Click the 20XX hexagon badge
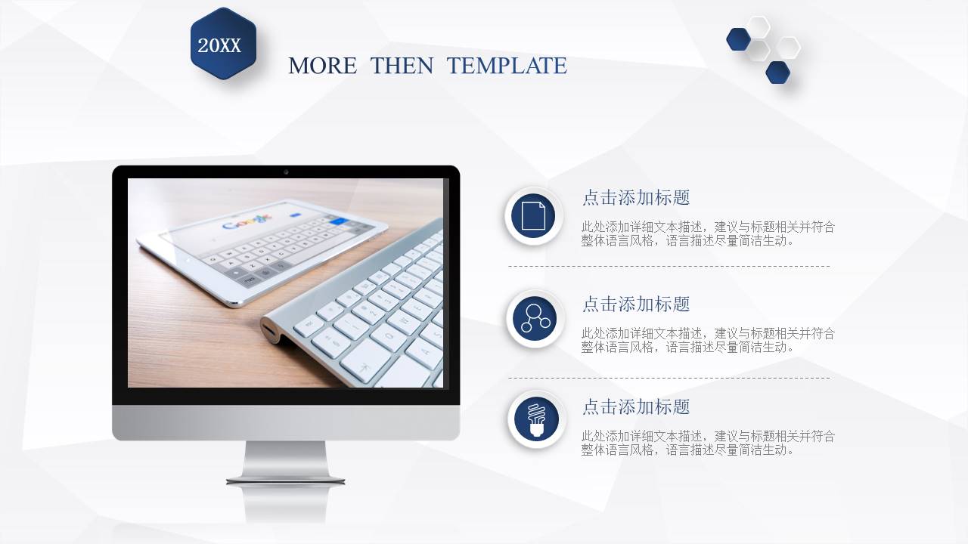223,44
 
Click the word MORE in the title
322,66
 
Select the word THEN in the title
402,66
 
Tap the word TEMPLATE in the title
507,66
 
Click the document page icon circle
533,216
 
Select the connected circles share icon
535,319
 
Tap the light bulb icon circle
536,419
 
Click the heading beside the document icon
636,198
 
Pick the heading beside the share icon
636,304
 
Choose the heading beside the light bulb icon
636,407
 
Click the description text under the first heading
708,233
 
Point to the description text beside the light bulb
708,443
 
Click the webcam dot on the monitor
286,172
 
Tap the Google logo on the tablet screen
246,223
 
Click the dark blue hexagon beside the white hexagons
738,39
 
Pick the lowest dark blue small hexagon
777,73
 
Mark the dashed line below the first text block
669,266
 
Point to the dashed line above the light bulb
669,378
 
